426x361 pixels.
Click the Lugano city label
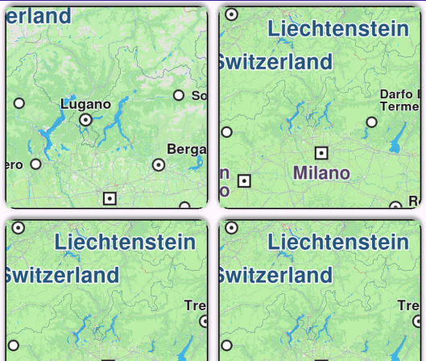pos(85,104)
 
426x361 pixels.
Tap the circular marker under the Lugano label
pos(86,120)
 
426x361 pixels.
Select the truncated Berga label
pos(186,149)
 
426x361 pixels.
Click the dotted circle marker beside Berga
pos(159,164)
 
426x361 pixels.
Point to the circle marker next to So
pos(179,95)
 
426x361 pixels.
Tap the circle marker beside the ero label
pos(35,164)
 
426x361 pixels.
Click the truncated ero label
pos(14,164)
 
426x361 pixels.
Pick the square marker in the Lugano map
pos(110,197)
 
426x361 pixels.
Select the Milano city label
pos(321,172)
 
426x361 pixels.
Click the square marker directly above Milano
pos(321,152)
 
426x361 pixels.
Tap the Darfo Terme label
pos(400,100)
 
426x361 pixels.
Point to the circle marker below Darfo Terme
pos(371,122)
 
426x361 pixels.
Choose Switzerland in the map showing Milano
pos(275,61)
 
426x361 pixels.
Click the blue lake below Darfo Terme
pos(396,143)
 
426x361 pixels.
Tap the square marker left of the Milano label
pos(245,181)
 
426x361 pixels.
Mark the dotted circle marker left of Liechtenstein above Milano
pos(231,14)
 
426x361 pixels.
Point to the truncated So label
pos(198,95)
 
